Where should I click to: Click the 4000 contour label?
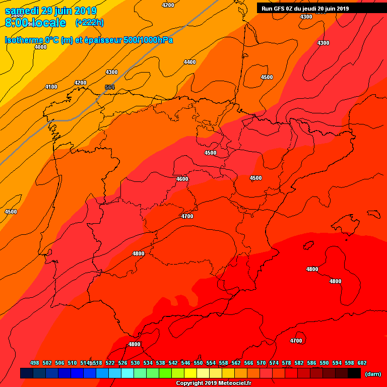coord(40,47)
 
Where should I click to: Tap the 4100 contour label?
coord(51,87)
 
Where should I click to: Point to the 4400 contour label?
coord(189,62)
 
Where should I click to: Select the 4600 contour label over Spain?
coord(182,179)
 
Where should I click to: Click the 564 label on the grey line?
coord(109,87)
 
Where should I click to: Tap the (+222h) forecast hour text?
coord(89,23)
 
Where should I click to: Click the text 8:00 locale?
coord(35,23)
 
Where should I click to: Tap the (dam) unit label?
coord(372,374)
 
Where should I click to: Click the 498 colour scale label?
coord(35,363)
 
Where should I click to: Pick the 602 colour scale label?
coord(362,363)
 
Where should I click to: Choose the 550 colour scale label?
coord(198,363)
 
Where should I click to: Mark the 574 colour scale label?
coord(274,363)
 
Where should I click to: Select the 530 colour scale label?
coord(135,363)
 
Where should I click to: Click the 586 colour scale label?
coord(311,363)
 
